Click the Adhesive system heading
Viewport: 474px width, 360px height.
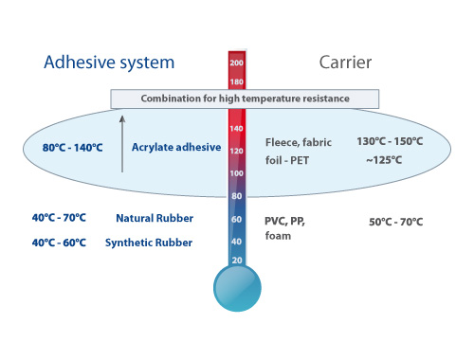(109, 63)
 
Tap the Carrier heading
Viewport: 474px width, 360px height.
(345, 63)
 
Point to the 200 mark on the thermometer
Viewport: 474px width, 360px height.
(237, 63)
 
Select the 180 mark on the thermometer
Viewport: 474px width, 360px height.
(237, 82)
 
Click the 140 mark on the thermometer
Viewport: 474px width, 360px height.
(236, 129)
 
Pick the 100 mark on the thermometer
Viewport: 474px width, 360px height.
(236, 173)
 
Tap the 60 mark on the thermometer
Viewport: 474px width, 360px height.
(236, 219)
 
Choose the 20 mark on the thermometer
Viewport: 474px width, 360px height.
(237, 261)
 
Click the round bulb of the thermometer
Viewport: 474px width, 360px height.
(237, 288)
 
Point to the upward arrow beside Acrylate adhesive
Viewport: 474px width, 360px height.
(122, 144)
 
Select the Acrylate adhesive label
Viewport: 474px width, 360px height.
(176, 148)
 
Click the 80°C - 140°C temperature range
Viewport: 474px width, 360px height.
(73, 148)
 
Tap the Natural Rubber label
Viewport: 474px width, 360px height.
(155, 218)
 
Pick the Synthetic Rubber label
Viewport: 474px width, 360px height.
(149, 243)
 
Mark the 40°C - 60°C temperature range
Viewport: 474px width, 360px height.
(59, 243)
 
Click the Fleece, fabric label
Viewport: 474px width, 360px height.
(299, 142)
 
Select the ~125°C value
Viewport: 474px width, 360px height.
(384, 160)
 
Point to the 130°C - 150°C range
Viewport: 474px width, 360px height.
(390, 141)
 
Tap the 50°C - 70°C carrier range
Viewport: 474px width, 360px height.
(396, 222)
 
